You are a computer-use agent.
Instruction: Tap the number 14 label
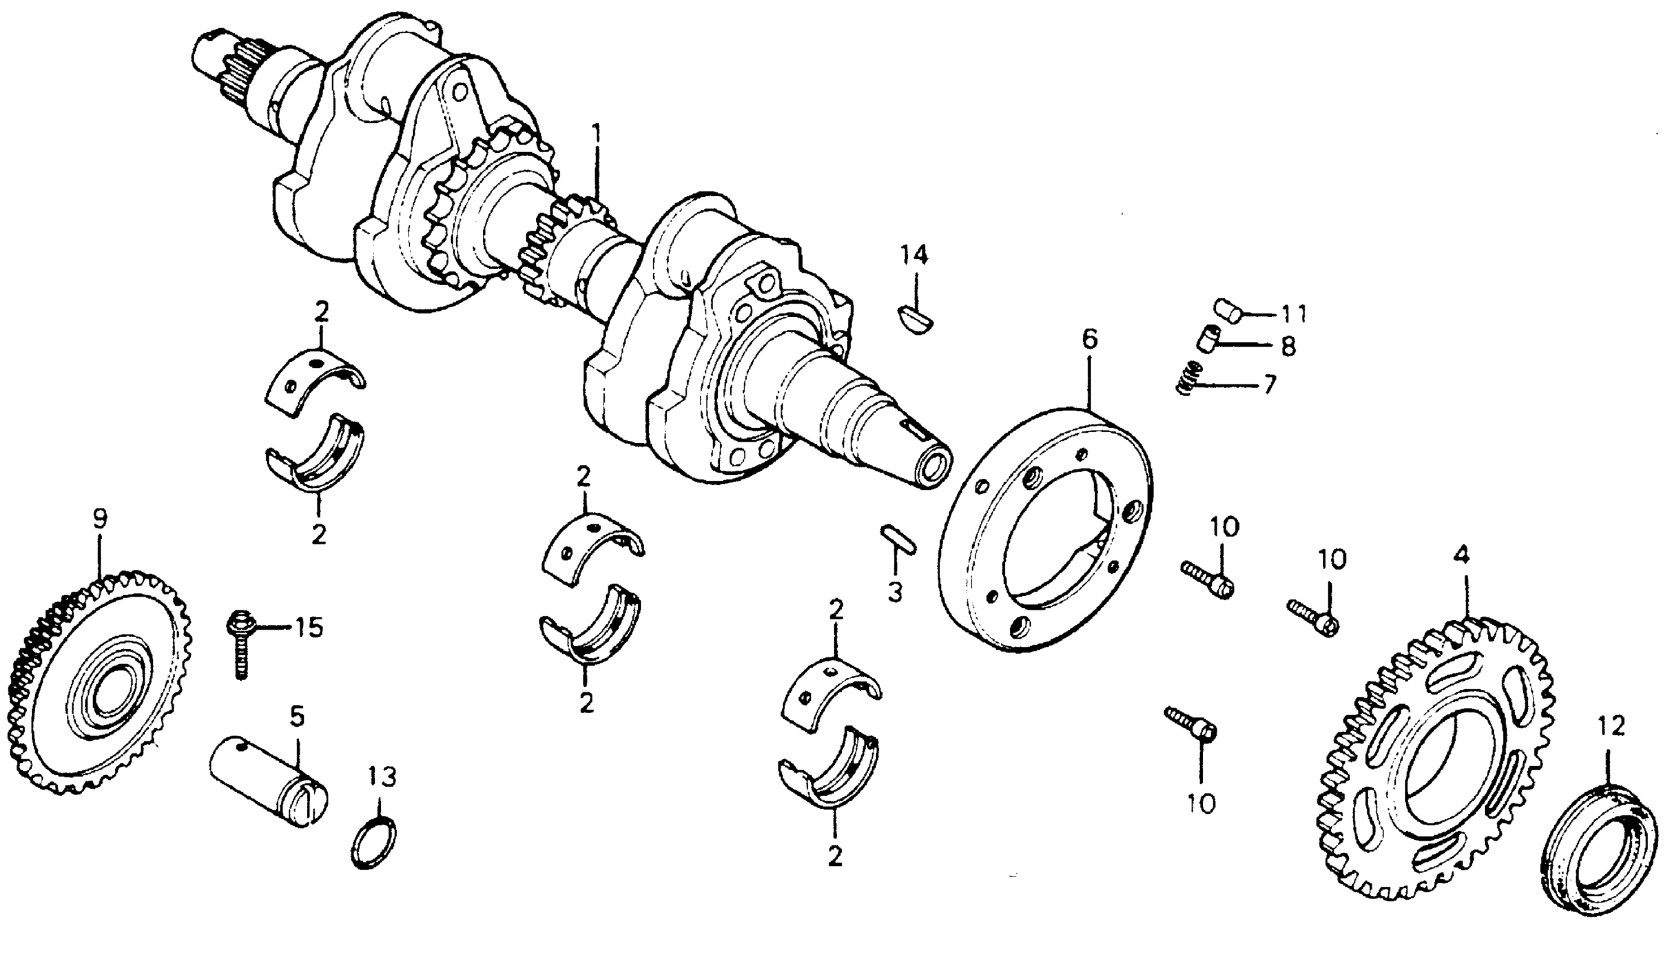tap(915, 256)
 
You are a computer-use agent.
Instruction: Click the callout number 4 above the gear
tap(1461, 556)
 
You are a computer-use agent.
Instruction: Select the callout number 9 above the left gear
tap(99, 519)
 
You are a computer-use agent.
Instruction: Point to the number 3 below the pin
tap(895, 592)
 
